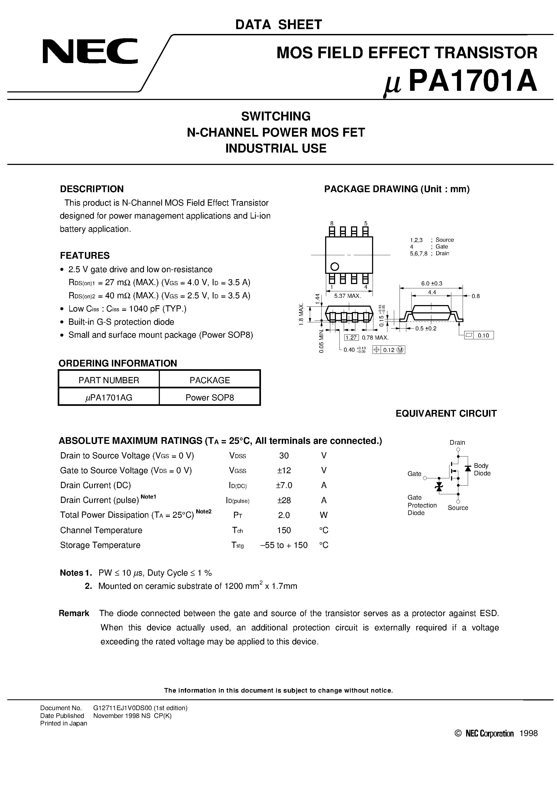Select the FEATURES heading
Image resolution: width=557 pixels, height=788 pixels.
point(85,256)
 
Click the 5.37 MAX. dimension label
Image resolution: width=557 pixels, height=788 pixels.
point(348,296)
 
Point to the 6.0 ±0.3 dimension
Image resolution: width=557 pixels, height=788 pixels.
point(432,283)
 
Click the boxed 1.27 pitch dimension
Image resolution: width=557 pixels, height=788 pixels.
point(351,338)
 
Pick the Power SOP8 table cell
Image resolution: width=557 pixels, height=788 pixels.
point(209,398)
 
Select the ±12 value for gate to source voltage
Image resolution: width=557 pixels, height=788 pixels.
point(284,470)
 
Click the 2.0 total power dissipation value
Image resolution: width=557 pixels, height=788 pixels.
point(284,515)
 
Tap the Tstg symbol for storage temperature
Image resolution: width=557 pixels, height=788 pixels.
point(238,545)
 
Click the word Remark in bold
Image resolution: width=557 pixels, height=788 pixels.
point(74,613)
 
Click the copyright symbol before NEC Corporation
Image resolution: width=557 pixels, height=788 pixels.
point(458,734)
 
